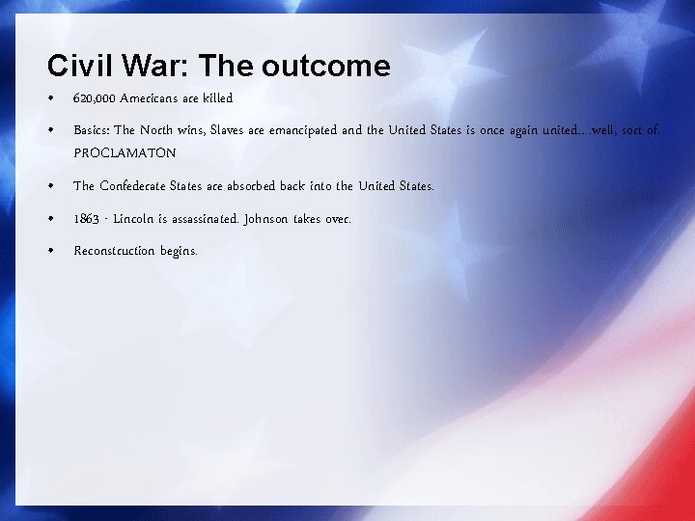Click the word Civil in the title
click(x=76, y=66)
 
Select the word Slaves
click(x=227, y=130)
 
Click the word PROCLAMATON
click(x=125, y=152)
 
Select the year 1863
click(x=86, y=218)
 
